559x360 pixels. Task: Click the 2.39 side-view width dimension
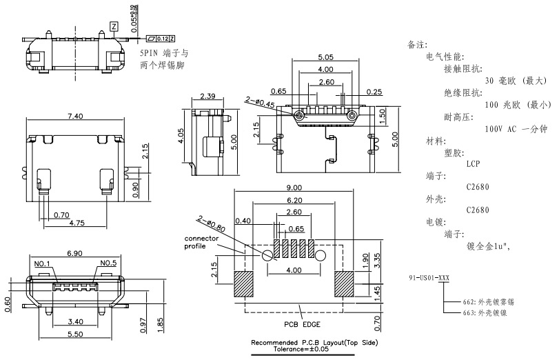click(x=210, y=96)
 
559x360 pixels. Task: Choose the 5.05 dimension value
click(x=326, y=57)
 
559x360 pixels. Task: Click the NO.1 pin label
click(x=43, y=263)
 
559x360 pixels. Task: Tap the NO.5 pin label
click(x=109, y=263)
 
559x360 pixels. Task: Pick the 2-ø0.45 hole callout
click(x=259, y=103)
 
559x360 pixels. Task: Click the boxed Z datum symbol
click(x=114, y=26)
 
